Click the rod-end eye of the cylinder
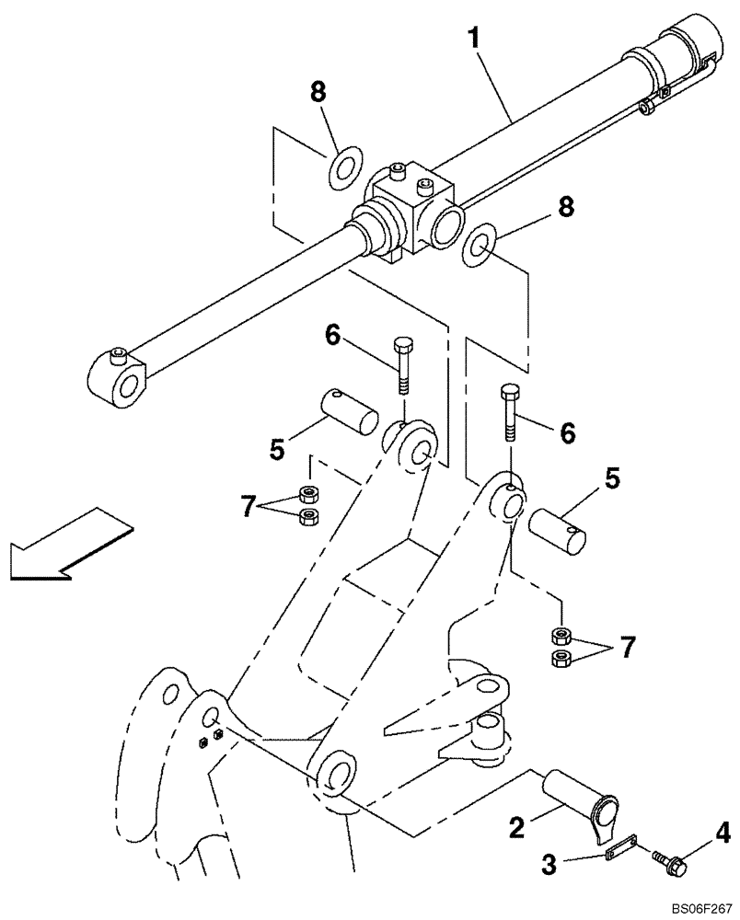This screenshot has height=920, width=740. point(118,378)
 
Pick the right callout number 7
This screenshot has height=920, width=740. point(625,647)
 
